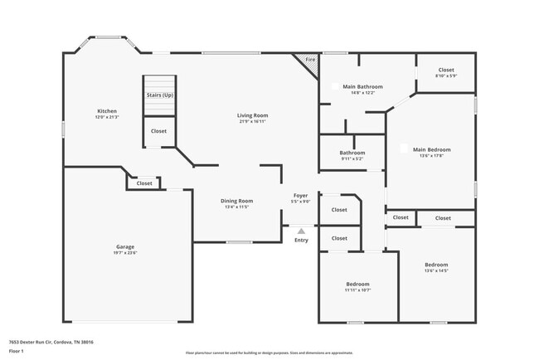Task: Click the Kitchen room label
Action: [107, 111]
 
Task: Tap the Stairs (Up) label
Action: [160, 95]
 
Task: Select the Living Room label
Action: [253, 115]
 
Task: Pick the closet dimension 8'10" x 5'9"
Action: [446, 76]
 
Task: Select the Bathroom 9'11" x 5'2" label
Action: [352, 153]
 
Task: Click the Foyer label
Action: [300, 195]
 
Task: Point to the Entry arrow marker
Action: [301, 231]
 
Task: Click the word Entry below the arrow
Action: [301, 241]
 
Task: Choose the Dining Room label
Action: [236, 201]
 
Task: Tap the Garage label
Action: [125, 247]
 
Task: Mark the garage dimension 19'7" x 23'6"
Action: [125, 254]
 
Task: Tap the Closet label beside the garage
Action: [144, 183]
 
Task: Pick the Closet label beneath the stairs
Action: [158, 131]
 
